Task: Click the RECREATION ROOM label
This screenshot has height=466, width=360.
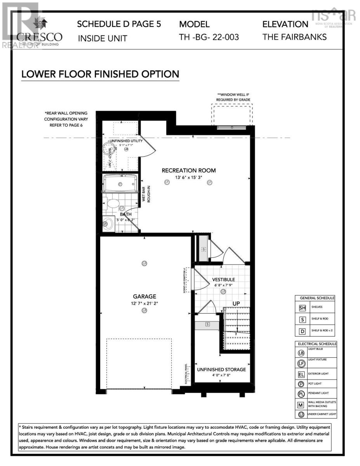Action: (x=188, y=170)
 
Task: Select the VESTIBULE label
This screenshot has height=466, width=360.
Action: (x=223, y=280)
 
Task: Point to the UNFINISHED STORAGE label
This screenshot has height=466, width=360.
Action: (x=221, y=369)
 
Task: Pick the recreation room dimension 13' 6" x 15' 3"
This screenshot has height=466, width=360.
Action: (x=188, y=177)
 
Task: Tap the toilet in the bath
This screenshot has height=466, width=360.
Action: (x=113, y=203)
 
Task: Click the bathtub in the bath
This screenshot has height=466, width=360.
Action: (x=120, y=183)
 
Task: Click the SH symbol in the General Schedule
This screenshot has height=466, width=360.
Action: (x=302, y=308)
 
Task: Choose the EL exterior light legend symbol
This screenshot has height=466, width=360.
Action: (x=301, y=375)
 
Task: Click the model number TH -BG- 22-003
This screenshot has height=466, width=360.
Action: (x=209, y=37)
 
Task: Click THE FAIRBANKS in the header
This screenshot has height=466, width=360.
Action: (x=294, y=37)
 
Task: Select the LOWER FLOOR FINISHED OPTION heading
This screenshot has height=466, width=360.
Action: (x=100, y=74)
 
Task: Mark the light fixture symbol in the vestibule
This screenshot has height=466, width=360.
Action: (x=223, y=291)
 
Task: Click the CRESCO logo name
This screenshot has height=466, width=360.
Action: (x=39, y=37)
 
